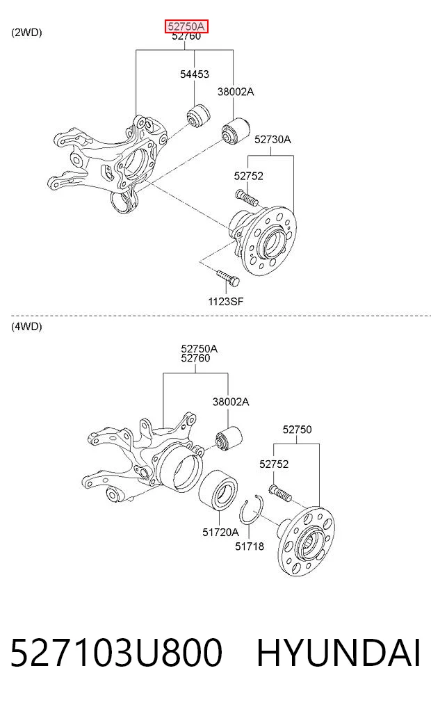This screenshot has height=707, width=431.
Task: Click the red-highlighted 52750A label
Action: point(186,26)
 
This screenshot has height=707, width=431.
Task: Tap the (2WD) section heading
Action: point(26,33)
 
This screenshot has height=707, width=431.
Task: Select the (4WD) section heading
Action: point(26,327)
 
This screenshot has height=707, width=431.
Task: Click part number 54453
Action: point(195,74)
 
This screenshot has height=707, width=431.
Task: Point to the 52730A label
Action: point(273,139)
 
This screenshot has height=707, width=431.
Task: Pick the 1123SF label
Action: point(225,301)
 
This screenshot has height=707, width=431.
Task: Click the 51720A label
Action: point(220,533)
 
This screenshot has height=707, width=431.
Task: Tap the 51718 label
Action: point(250,546)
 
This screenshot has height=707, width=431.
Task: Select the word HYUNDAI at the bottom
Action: point(339,653)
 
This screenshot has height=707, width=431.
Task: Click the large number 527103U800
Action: point(116,653)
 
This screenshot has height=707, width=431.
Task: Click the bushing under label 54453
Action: point(199,116)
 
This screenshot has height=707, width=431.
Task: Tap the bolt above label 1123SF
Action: point(228,278)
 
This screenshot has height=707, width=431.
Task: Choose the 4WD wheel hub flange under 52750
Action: point(307,541)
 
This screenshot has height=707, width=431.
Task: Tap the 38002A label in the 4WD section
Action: point(231,402)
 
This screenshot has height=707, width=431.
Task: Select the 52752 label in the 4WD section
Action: point(274,464)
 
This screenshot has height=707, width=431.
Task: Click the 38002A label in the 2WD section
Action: point(236,92)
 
